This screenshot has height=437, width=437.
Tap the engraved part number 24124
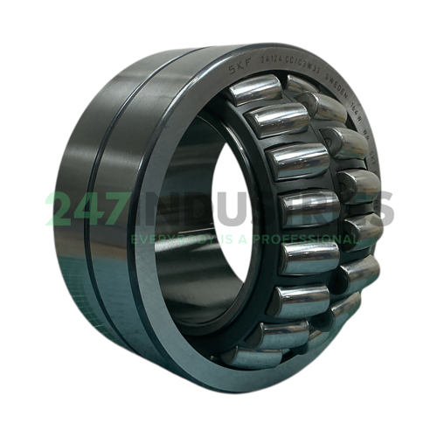point(267,64)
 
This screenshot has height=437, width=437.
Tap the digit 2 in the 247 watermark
point(62,210)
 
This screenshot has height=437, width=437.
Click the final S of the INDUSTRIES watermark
point(378,210)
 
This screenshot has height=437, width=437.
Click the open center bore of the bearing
point(229,218)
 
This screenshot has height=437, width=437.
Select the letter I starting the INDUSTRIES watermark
point(149,210)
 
